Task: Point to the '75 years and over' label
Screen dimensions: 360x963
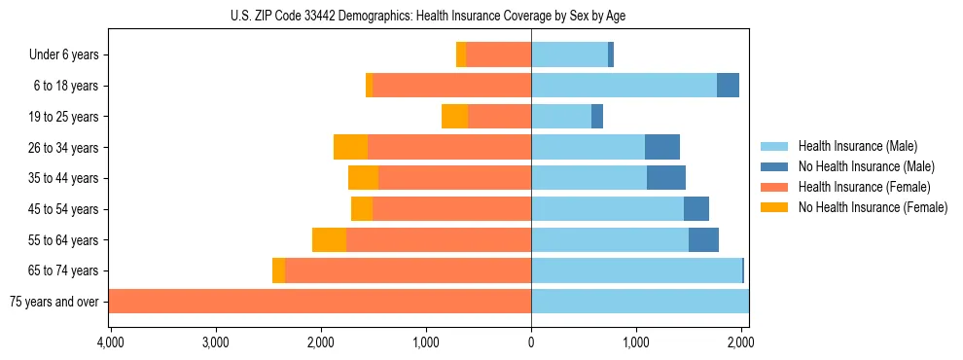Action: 53,302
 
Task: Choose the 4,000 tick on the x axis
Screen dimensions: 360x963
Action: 110,343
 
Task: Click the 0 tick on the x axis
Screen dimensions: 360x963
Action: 531,343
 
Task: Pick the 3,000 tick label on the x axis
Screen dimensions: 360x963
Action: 215,343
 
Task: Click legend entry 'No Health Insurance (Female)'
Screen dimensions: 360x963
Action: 873,207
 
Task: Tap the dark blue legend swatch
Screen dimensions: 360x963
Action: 775,166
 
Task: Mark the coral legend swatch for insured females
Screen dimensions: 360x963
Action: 775,187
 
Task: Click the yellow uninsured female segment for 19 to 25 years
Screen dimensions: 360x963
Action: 454,117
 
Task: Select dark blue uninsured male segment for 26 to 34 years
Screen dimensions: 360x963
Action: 662,148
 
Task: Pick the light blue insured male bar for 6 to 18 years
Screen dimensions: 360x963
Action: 624,86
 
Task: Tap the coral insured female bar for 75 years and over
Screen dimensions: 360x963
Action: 320,302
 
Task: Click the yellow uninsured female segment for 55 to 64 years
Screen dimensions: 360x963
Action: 329,240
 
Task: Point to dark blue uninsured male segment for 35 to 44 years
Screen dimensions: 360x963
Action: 666,178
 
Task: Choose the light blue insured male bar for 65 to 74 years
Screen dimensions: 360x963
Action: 636,270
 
